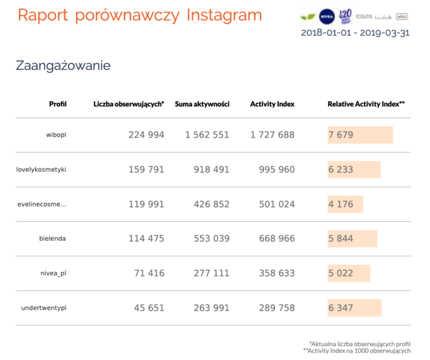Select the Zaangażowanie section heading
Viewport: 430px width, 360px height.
click(63, 66)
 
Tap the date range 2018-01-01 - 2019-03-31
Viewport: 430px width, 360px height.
click(355, 32)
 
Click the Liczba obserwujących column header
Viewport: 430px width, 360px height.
click(129, 104)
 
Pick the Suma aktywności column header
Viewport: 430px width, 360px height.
click(202, 104)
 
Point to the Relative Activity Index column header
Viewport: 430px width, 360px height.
click(366, 104)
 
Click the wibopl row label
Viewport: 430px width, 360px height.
click(56, 135)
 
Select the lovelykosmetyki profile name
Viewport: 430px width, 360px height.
click(41, 169)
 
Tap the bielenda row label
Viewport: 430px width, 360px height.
click(53, 238)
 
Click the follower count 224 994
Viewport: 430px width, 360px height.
click(146, 135)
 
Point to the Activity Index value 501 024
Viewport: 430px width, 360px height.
click(277, 204)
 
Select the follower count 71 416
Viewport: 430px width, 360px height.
click(149, 273)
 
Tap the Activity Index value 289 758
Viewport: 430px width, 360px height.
click(277, 308)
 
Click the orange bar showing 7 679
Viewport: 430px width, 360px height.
click(360, 135)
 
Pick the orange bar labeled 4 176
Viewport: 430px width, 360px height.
click(345, 204)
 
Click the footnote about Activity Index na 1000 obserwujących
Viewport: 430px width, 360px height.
click(356, 350)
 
